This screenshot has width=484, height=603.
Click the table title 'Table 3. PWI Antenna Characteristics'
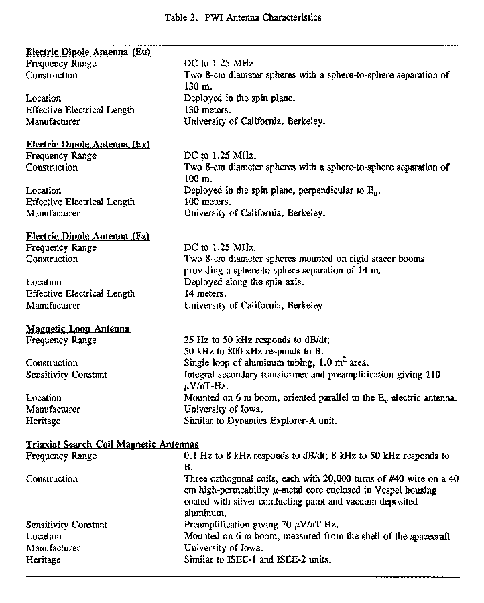click(243, 18)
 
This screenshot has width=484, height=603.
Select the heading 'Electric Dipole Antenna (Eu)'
click(88, 52)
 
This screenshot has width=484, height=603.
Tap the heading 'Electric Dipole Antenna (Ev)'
click(88, 144)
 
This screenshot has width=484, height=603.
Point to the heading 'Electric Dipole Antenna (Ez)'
click(88, 236)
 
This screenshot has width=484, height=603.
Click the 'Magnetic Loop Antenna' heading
click(78, 328)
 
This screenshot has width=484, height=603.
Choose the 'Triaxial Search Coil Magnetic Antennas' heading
click(113, 444)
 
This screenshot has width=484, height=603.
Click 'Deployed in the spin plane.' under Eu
click(239, 98)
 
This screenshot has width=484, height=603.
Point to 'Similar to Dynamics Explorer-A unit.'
click(260, 421)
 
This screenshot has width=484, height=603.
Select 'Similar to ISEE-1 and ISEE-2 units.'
click(257, 559)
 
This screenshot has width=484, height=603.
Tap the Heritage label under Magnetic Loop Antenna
click(43, 421)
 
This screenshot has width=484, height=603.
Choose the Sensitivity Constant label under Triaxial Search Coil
click(66, 525)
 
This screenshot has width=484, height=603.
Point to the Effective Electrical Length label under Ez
click(80, 293)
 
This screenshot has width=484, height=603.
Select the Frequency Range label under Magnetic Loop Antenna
click(61, 340)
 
